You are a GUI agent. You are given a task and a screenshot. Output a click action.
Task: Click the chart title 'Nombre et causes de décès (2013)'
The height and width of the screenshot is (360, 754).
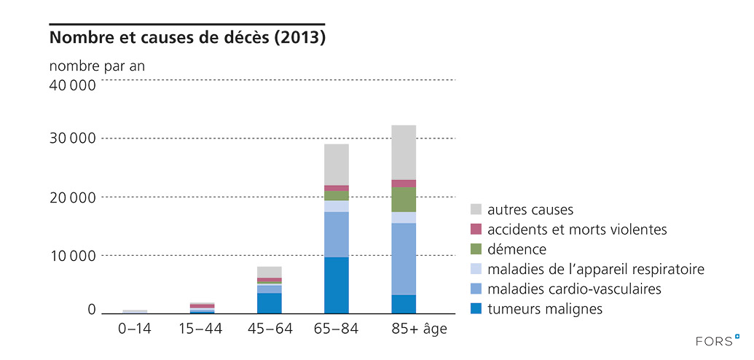click(x=187, y=36)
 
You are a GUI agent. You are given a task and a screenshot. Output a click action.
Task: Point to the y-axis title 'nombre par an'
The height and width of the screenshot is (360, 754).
click(x=97, y=65)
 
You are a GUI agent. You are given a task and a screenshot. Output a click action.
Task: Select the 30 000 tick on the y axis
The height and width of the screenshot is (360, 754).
click(x=72, y=138)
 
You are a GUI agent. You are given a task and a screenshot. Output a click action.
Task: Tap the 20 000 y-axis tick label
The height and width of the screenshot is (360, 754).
click(x=72, y=197)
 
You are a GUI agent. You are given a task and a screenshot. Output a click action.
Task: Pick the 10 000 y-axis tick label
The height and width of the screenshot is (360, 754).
click(x=72, y=255)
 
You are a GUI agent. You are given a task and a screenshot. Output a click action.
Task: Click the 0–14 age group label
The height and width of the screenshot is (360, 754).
click(x=135, y=329)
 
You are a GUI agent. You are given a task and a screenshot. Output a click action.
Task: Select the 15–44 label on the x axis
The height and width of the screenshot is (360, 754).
click(x=200, y=329)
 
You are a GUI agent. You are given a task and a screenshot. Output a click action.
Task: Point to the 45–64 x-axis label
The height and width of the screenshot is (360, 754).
click(x=270, y=329)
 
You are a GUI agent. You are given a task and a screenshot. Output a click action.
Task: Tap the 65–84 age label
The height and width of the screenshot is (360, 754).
click(x=336, y=329)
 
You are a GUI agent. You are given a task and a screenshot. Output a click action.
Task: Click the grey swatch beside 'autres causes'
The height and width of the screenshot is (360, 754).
click(x=476, y=210)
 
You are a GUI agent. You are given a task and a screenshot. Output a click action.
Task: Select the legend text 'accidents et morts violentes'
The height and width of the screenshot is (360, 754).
click(x=578, y=230)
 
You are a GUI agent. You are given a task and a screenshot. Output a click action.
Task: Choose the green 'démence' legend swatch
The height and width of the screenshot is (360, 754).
click(x=476, y=250)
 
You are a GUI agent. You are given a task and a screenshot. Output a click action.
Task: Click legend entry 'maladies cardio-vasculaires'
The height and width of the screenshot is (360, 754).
click(x=575, y=289)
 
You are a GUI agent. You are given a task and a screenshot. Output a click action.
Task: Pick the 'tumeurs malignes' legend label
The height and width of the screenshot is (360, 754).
click(x=545, y=309)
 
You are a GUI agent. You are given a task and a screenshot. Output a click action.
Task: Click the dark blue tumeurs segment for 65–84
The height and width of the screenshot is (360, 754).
click(x=337, y=285)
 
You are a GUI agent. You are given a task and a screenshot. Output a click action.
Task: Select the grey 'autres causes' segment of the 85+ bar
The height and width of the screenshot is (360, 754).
click(x=404, y=152)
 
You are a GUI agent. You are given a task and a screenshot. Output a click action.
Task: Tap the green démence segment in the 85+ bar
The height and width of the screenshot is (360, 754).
click(x=404, y=200)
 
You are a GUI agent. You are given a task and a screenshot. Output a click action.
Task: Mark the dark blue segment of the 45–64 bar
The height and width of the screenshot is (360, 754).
click(x=270, y=303)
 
